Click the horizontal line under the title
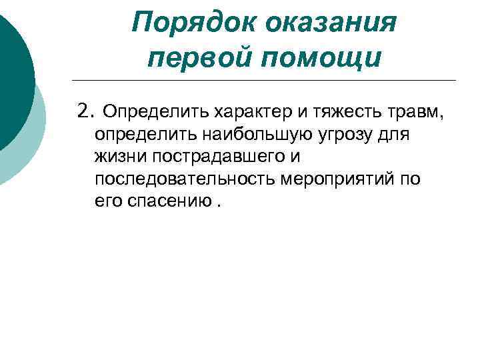(x=267, y=81)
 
